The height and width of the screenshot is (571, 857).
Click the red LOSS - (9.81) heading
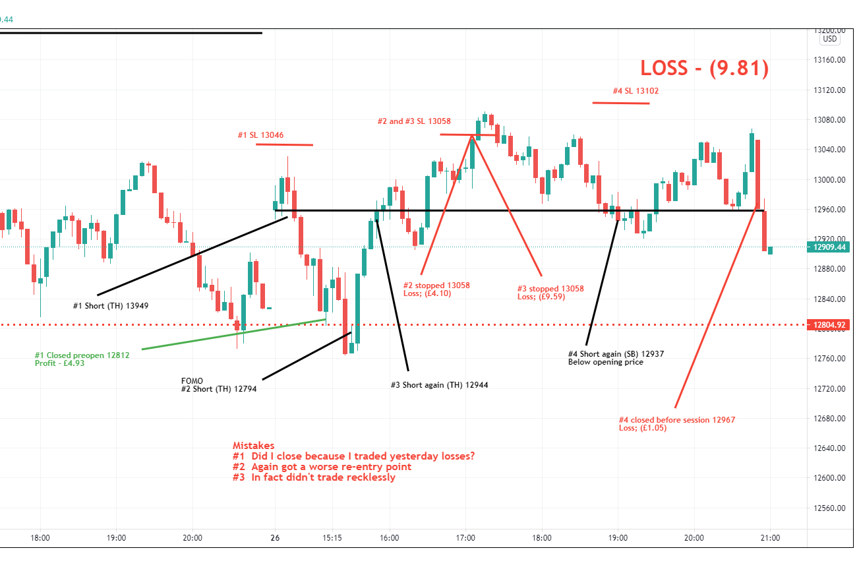coord(704,69)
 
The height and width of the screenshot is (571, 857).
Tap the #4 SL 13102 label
coord(635,91)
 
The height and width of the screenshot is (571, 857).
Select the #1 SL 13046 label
coord(260,135)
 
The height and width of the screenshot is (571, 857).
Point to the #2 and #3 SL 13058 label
coord(414,121)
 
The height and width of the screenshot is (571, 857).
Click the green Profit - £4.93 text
coord(60,363)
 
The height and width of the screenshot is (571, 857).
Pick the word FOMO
coord(192,380)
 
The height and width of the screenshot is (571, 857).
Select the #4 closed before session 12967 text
coord(676,419)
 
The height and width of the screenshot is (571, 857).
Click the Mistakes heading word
coord(253,446)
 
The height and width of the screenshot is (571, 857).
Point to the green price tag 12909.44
coord(829,247)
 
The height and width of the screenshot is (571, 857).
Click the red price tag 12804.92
coord(829,324)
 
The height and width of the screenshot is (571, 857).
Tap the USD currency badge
coord(829,39)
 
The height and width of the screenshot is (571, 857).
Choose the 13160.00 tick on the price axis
coord(829,60)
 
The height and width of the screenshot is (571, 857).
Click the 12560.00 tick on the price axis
coord(829,508)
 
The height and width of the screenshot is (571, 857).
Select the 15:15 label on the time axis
coord(332,537)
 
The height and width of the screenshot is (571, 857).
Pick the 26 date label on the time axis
coord(275,537)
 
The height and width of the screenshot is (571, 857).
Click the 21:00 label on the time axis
coord(770,537)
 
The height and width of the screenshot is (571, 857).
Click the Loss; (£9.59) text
coord(541,297)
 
